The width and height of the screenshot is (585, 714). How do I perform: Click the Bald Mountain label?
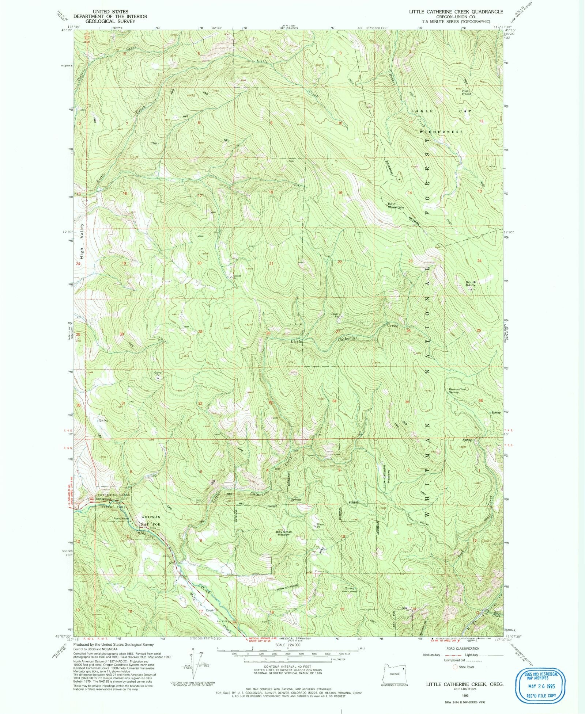(396, 206)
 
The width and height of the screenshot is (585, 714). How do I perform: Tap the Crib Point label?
(466, 92)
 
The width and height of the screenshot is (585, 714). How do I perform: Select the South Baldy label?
(471, 283)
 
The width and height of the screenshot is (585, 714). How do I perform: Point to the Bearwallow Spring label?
(457, 390)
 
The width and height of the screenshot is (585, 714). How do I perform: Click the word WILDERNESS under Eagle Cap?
(441, 131)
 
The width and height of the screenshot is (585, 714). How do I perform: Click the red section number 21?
(271, 263)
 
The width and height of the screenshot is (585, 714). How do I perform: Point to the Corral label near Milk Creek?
(209, 610)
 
